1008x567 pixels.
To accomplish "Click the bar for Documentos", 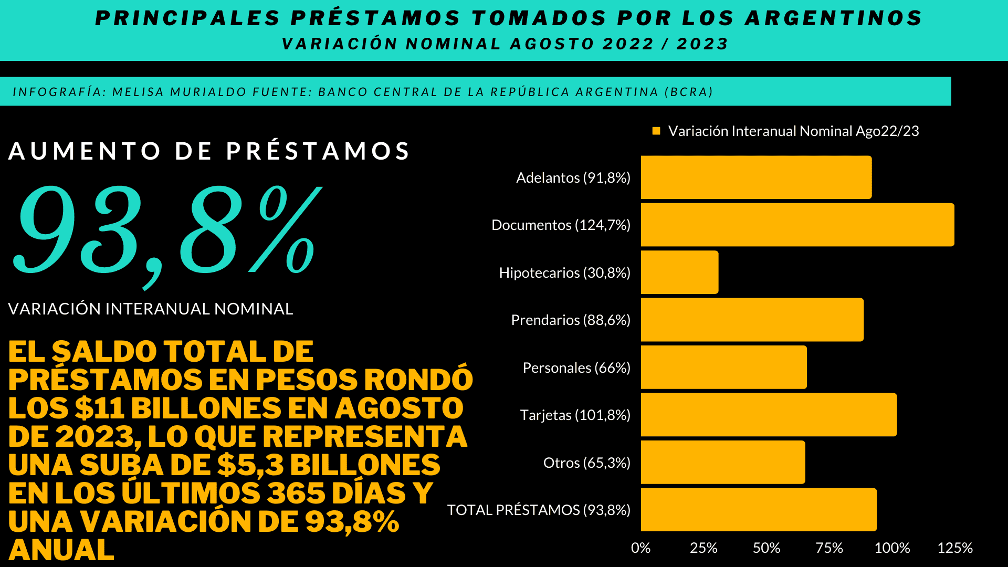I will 797,225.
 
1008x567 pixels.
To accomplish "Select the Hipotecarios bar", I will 679,272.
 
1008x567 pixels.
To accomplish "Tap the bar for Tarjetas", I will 769,415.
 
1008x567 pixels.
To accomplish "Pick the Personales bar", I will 723,367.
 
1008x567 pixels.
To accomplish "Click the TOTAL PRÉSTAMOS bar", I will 759,510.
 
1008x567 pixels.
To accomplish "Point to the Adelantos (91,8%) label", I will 573,178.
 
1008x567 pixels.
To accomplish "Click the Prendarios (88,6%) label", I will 571,320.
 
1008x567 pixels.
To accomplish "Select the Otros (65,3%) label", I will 586,463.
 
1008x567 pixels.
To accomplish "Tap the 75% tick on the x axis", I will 829,548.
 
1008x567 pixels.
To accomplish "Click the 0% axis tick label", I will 640,548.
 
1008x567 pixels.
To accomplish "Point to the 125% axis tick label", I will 955,548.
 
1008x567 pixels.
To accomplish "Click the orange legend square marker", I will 656,131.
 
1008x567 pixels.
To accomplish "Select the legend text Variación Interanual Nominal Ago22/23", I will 793,131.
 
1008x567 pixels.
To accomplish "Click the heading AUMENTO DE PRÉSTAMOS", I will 209,151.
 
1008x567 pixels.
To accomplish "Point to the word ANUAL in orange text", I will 61,550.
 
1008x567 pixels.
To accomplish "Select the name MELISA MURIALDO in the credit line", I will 179,92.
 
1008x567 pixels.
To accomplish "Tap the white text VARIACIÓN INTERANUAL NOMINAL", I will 151,309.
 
